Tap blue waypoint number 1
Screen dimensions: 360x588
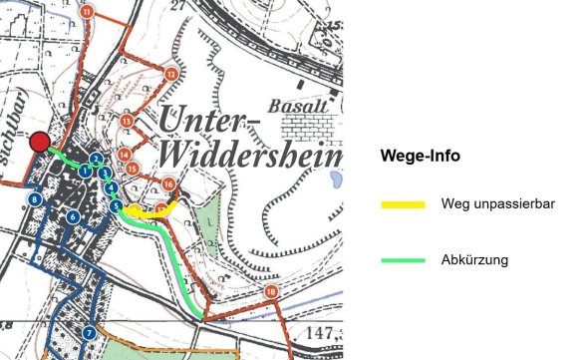coord(87,173)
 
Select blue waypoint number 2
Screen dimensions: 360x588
coord(95,159)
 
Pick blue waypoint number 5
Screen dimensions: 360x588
coord(117,206)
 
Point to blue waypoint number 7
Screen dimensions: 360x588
coord(89,332)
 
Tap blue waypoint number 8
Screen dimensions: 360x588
coord(35,200)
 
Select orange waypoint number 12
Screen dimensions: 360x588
coord(171,74)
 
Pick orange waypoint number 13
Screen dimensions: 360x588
coord(127,121)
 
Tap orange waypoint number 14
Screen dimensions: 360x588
coord(124,155)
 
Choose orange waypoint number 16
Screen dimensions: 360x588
coord(168,184)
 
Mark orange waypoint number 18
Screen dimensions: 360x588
coord(271,291)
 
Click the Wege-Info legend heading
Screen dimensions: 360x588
coord(421,157)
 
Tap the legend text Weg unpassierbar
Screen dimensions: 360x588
coord(496,204)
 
